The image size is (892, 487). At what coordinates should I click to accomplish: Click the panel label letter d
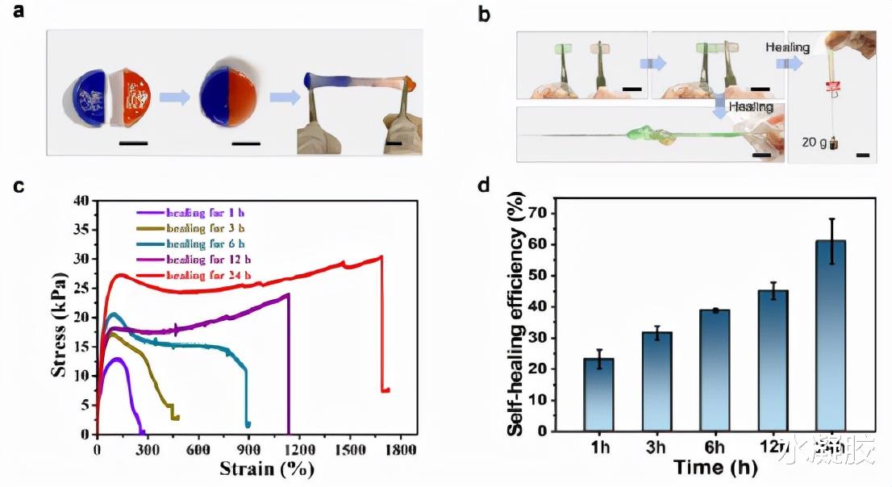[483, 186]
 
